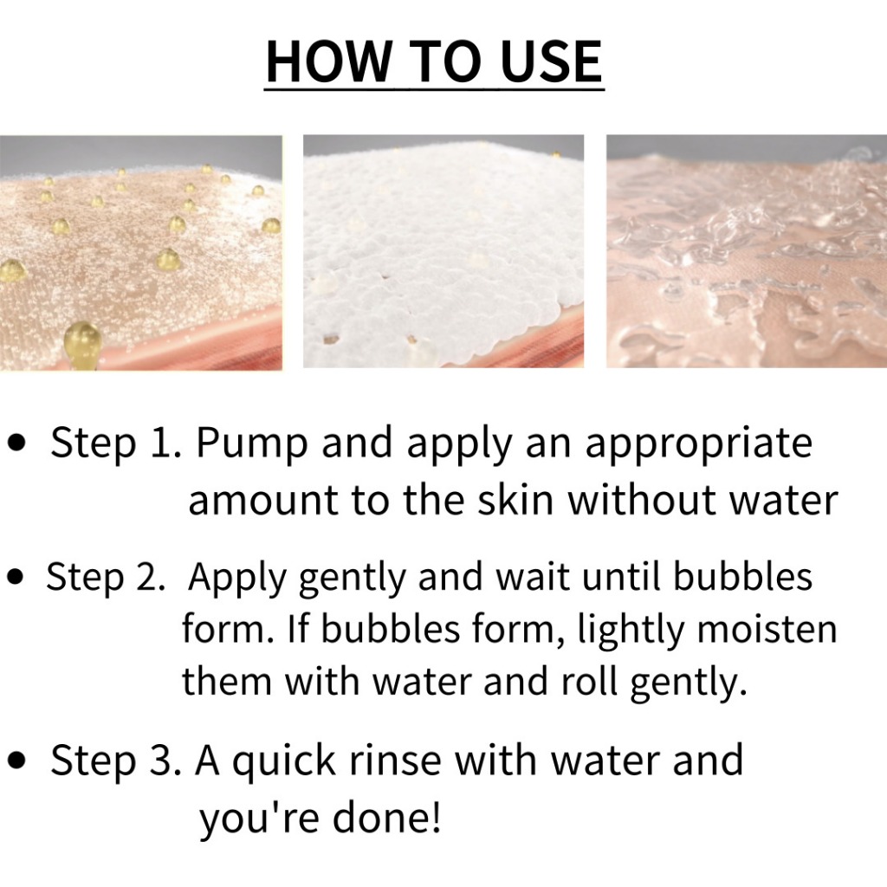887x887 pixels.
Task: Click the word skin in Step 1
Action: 515,500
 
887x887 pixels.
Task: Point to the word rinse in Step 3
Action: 395,761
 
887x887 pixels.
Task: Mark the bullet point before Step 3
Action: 18,760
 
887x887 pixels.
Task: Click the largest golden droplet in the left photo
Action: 82,343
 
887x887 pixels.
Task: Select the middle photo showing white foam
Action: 443,251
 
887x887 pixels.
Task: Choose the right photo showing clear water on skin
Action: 747,251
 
